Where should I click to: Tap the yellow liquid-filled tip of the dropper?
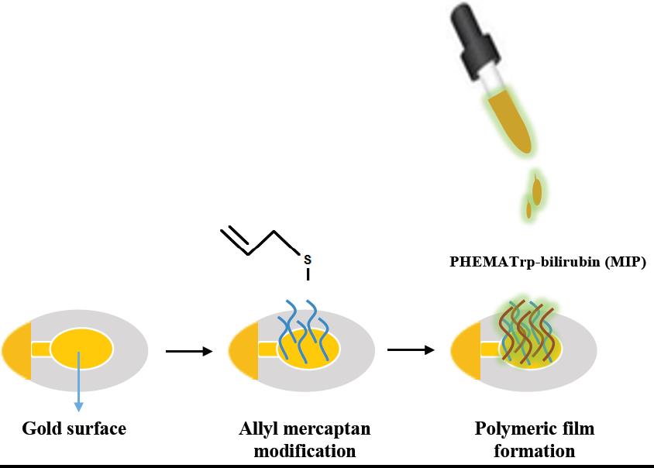[x=512, y=124]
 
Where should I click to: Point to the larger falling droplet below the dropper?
[x=536, y=189]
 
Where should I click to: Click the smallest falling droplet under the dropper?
[x=529, y=209]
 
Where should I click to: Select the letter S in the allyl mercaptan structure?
[x=308, y=256]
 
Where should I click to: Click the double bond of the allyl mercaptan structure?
[x=234, y=239]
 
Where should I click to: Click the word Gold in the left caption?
[x=42, y=428]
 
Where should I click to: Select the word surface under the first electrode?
[x=95, y=428]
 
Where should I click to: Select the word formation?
[x=535, y=450]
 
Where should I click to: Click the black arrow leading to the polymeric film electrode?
[x=410, y=350]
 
